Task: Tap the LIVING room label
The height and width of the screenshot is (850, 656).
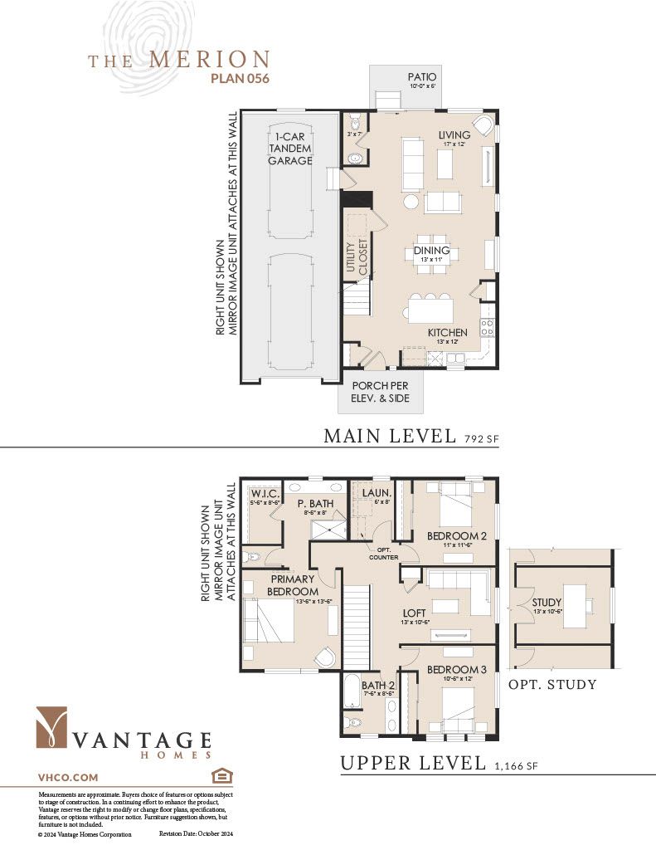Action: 454,134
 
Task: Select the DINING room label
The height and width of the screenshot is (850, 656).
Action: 431,250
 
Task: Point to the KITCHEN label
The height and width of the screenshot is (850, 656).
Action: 447,332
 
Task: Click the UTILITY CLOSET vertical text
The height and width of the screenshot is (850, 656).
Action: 356,257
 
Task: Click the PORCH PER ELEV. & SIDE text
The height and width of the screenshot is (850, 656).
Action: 381,392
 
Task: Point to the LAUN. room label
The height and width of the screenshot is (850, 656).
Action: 371,493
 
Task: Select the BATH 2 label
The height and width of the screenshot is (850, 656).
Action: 371,685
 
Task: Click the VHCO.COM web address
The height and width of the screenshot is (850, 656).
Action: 68,778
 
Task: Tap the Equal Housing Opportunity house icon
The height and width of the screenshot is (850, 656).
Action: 221,776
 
